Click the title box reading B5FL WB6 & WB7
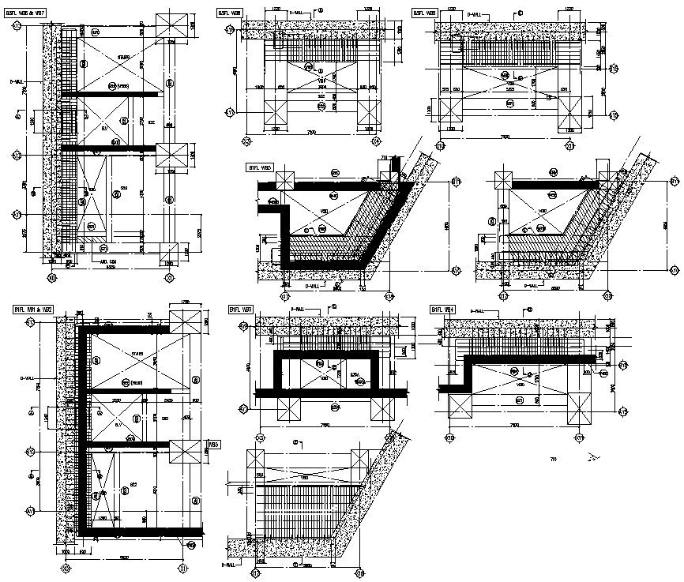tap(26, 13)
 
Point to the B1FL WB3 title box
tap(241, 309)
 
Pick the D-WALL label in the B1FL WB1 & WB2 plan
tap(27, 379)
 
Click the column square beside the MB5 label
tap(184, 452)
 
